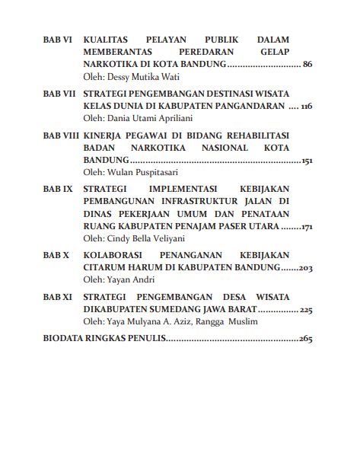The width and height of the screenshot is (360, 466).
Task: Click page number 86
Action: [307, 65]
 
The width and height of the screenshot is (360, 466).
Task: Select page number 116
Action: [307, 107]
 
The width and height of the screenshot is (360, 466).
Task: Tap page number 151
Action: [307, 162]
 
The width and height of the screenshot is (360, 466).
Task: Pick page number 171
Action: [307, 228]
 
